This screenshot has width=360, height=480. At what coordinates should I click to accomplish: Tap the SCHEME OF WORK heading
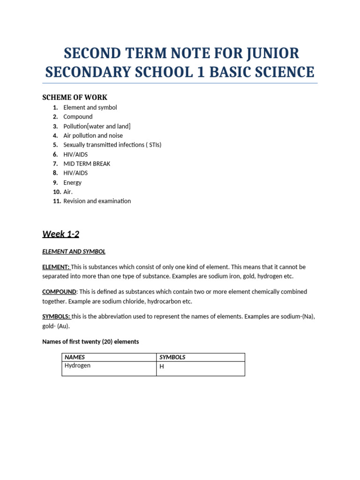(x=75, y=97)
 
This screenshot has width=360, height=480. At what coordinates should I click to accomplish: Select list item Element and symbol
(x=90, y=107)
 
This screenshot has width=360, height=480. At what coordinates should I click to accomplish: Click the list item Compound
(x=78, y=117)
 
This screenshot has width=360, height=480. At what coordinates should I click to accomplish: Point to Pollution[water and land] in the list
(x=97, y=126)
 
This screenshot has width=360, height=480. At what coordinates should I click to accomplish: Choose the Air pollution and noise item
(x=93, y=135)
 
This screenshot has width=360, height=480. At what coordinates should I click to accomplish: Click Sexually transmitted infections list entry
(x=112, y=145)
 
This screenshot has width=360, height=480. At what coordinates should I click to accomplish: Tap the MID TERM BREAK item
(x=87, y=164)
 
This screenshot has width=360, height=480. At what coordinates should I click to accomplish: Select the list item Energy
(x=72, y=182)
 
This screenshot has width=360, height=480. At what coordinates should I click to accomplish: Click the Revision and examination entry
(x=97, y=201)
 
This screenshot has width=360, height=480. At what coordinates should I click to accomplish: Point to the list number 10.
(x=57, y=192)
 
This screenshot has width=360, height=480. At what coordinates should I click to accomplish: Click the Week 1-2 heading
(x=60, y=234)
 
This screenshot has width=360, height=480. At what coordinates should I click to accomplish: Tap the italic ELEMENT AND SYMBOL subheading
(x=74, y=252)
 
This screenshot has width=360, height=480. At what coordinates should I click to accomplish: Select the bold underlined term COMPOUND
(x=59, y=292)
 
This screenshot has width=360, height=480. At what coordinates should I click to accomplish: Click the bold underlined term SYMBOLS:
(x=56, y=316)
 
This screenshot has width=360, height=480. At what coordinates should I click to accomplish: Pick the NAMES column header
(x=75, y=357)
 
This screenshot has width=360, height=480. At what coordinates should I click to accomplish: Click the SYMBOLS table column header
(x=172, y=357)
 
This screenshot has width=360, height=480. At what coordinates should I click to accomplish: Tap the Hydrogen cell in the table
(x=77, y=366)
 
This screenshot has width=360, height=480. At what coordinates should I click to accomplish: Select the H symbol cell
(x=162, y=367)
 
